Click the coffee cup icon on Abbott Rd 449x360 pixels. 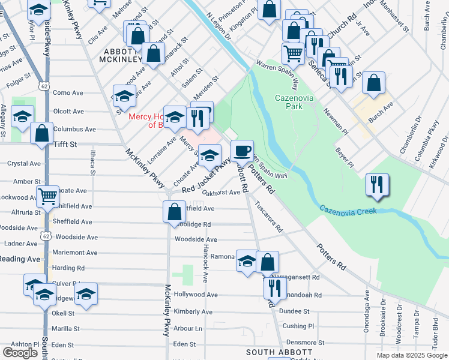tap(242, 150)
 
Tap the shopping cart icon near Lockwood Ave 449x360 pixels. tap(47, 195)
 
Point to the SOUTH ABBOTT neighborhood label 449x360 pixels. tap(276, 352)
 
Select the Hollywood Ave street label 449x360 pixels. tap(196, 295)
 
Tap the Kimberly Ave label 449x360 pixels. tap(193, 312)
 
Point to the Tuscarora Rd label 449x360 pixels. tap(268, 217)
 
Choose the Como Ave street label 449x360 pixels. tap(68, 93)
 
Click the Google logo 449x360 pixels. tap(20, 353)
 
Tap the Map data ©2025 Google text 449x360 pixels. tap(412, 355)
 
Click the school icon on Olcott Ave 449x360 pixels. tap(22, 117)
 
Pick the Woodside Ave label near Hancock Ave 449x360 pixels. tap(196, 239)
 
